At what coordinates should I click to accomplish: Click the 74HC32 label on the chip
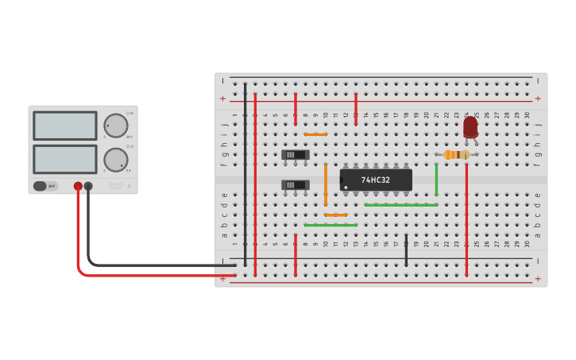[375, 180]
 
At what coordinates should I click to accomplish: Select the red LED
[470, 126]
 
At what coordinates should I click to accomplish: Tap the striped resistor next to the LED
[456, 155]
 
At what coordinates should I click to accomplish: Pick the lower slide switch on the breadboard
[296, 185]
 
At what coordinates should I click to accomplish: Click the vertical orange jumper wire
[326, 184]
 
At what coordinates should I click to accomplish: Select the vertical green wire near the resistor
[436, 180]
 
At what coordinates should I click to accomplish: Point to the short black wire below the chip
[406, 250]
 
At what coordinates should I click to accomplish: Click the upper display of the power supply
[64, 126]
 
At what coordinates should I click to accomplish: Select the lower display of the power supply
[64, 159]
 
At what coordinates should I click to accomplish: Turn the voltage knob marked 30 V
[115, 126]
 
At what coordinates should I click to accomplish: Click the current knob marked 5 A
[115, 159]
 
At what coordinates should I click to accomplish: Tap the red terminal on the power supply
[78, 186]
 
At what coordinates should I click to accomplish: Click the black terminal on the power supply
[88, 186]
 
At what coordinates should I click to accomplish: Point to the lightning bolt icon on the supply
[130, 186]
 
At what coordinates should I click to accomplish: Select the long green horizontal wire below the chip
[401, 205]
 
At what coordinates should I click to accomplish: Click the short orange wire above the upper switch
[315, 134]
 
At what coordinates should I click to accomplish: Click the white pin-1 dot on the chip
[345, 188]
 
